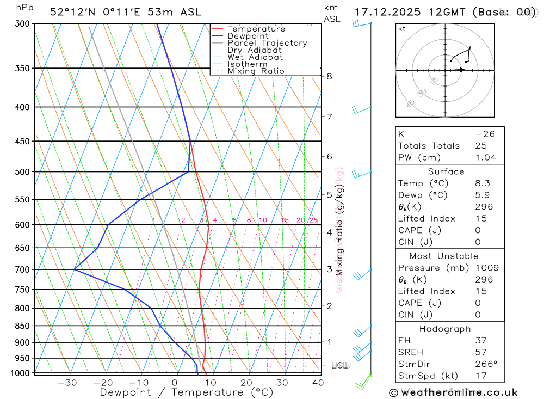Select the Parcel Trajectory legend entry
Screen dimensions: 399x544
point(267,43)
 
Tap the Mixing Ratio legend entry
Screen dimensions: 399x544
point(256,71)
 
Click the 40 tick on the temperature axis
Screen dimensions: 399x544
point(318,383)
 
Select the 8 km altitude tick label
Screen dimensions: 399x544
point(329,76)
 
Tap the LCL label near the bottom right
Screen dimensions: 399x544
point(340,365)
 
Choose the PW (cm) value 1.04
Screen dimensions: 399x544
point(485,157)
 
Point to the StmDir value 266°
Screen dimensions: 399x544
point(485,364)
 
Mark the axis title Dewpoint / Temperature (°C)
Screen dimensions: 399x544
point(187,392)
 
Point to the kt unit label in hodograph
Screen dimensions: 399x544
point(401,28)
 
